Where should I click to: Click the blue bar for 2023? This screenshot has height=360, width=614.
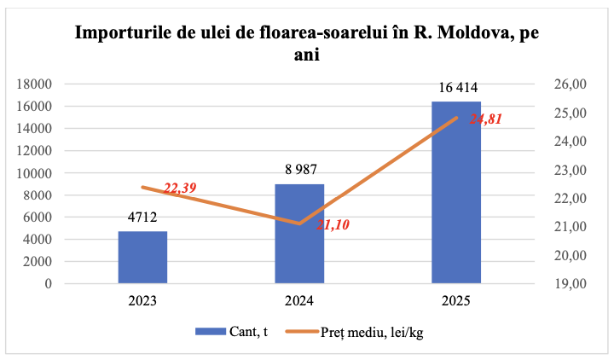(x=142, y=257)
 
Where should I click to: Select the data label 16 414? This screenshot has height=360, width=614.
(x=456, y=87)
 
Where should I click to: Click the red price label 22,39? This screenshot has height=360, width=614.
(x=181, y=189)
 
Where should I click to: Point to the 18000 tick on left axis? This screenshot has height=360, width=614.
(x=35, y=84)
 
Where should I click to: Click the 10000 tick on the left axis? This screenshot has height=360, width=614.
(x=35, y=172)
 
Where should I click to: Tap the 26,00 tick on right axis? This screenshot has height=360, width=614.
(x=571, y=84)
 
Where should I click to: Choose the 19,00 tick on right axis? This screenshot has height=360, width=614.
(x=571, y=283)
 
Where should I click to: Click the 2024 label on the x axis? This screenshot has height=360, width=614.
(x=299, y=301)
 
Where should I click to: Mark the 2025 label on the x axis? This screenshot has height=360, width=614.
(x=456, y=301)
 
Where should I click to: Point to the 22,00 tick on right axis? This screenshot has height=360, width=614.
(x=571, y=198)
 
